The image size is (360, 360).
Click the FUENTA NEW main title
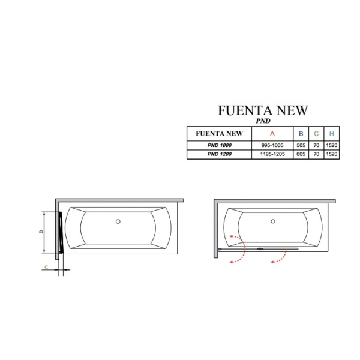tap(263, 110)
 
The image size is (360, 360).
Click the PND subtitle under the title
tap(263, 121)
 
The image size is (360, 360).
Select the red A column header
tap(272, 133)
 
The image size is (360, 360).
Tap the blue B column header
tap(301, 133)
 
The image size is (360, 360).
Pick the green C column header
tap(316, 133)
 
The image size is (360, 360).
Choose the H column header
tap(332, 133)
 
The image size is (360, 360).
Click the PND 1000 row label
tap(219, 145)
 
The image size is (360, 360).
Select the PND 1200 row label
tap(219, 154)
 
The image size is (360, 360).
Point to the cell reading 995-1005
tap(272, 145)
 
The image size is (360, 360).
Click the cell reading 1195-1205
tap(272, 154)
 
